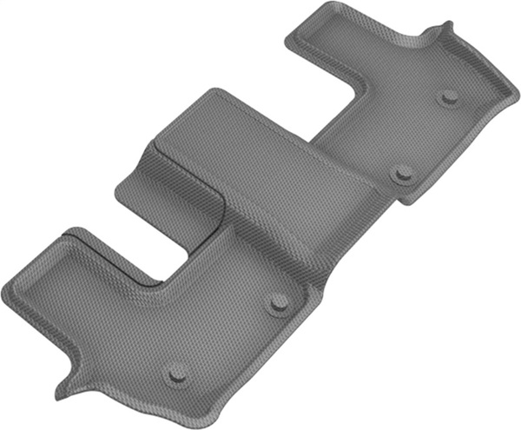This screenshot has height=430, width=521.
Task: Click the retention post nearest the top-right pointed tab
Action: (449, 96)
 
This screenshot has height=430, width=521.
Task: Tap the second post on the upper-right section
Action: (402, 173)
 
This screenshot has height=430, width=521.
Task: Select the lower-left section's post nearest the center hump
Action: (279, 301)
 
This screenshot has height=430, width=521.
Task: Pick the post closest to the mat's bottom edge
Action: (177, 372)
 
